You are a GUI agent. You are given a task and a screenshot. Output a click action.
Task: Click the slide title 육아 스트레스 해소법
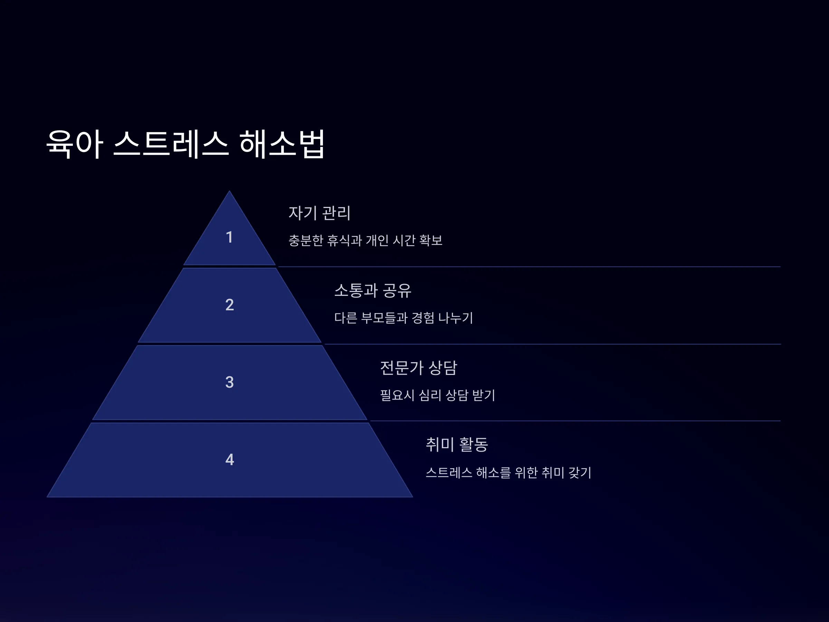[x=185, y=144]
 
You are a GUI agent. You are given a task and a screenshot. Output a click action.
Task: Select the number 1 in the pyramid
[x=229, y=237]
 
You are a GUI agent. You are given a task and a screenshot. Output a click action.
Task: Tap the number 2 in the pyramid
[x=229, y=305]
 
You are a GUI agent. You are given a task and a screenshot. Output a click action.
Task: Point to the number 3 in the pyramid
[x=229, y=383]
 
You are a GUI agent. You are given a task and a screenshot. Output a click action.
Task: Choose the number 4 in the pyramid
[x=230, y=460]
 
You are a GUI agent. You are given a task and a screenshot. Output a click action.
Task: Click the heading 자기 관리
[x=320, y=213]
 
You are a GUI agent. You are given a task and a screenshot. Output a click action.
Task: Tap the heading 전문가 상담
[x=419, y=368]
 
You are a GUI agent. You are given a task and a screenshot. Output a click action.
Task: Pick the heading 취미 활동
[x=457, y=445]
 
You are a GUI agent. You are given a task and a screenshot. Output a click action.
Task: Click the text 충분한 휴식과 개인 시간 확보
[x=365, y=240]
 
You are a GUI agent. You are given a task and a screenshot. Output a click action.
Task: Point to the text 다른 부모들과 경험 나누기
[x=404, y=318]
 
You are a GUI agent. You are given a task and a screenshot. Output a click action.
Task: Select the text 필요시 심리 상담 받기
[x=438, y=395]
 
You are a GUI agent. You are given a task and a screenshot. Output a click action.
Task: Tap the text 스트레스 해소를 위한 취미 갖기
[x=508, y=472]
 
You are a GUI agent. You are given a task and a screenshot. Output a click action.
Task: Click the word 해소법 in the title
[x=282, y=144]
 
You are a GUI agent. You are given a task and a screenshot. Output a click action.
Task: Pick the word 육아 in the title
[x=74, y=144]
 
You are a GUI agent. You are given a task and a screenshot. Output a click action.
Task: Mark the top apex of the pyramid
[x=229, y=191]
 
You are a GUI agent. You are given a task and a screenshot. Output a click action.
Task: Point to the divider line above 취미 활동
[x=575, y=421]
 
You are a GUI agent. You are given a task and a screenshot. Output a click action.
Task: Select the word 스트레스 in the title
[x=171, y=144]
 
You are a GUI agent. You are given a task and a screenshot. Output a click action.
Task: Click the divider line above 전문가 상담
[x=552, y=344]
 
